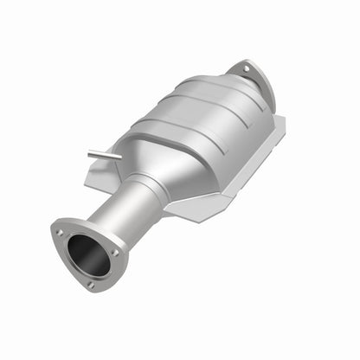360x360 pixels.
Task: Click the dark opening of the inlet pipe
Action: pos(87,254)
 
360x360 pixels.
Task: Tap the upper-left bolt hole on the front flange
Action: pos(60,232)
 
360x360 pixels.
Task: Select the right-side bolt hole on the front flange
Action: pos(115,252)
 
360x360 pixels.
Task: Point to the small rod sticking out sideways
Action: pos(105,155)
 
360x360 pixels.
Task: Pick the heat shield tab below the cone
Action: pos(186,210)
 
